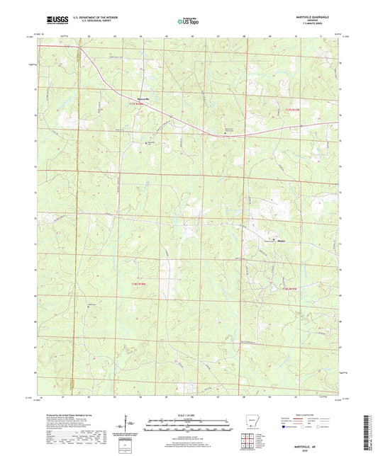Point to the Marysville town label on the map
(x=143, y=98)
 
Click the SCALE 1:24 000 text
(x=189, y=414)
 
